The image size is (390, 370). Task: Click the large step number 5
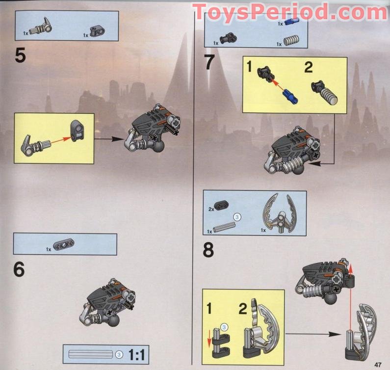21,55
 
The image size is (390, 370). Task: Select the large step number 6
19,269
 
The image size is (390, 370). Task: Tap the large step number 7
209,62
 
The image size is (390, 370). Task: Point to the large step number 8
208,250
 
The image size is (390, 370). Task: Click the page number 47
378,365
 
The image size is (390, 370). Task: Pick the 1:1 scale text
136,355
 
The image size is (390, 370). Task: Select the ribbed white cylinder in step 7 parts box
291,41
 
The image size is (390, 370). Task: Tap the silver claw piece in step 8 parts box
280,213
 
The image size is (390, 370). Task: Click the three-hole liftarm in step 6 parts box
64,244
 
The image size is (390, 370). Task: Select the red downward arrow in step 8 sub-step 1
209,338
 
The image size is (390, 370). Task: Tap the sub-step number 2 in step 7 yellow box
309,67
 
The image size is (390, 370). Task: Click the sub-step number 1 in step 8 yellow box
209,308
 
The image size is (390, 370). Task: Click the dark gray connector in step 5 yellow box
78,131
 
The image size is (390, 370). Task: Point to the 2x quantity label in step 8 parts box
211,210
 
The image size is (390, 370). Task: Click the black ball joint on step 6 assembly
114,320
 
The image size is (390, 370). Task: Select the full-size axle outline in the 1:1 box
91,354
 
